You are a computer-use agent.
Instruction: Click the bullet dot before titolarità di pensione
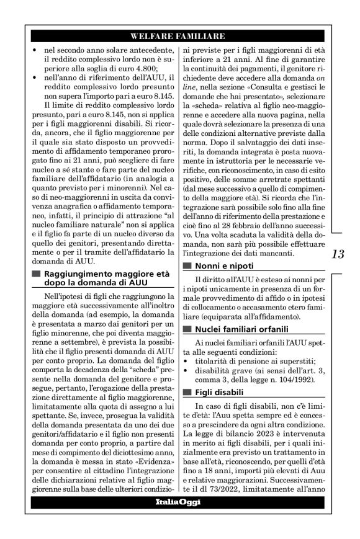point(187,359)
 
